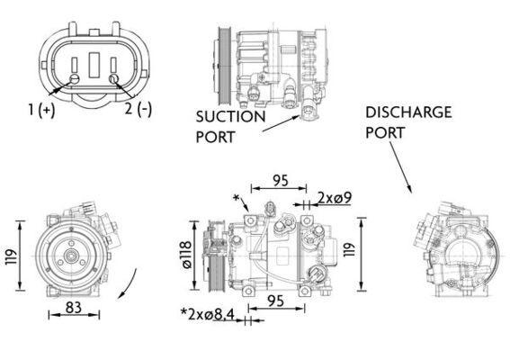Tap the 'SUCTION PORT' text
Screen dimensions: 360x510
[230, 127]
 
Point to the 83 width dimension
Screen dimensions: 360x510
[74, 309]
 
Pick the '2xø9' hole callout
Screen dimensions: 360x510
[334, 197]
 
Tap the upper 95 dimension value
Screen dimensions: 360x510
[281, 181]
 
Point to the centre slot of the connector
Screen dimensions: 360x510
[94, 68]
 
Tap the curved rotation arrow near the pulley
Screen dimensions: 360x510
[129, 284]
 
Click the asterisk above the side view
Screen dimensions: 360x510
[237, 197]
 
